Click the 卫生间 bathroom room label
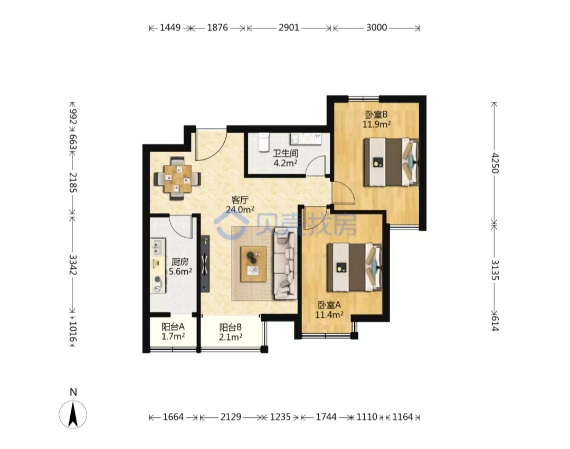tap(286, 153)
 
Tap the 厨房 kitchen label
tap(180, 261)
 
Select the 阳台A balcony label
tap(173, 327)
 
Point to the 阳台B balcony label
tap(231, 328)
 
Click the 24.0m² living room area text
tap(240, 210)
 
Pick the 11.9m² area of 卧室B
tap(377, 124)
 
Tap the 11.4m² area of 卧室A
tap(329, 314)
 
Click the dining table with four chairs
tap(177, 179)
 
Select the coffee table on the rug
tap(254, 264)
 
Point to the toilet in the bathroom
tap(263, 141)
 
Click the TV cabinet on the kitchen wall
tap(205, 264)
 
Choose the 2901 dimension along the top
tap(289, 27)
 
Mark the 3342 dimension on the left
tap(73, 265)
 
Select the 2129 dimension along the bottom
tap(231, 417)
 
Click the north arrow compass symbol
tap(73, 414)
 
